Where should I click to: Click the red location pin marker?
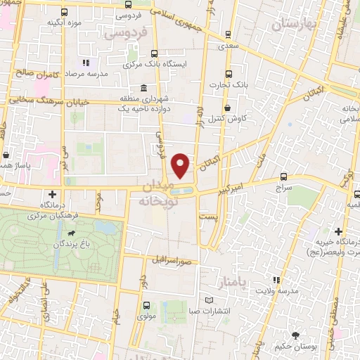click(181, 165)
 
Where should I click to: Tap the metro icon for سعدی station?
click(227, 34)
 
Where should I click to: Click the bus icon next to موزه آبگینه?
click(65, 12)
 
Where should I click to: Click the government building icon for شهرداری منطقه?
click(143, 89)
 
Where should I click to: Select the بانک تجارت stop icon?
click(228, 74)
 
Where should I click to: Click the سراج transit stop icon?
click(283, 176)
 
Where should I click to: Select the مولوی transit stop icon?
click(146, 306)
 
